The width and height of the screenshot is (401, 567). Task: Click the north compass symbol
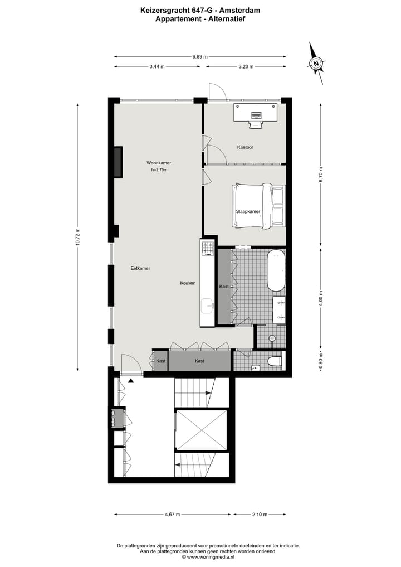(316, 64)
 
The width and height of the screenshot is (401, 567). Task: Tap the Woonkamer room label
(159, 163)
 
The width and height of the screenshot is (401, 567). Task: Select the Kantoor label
(245, 147)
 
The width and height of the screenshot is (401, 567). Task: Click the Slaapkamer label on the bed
(248, 212)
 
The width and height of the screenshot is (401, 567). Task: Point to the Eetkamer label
(140, 268)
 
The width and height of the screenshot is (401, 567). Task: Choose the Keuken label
(188, 283)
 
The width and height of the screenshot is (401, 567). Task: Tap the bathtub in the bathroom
(276, 271)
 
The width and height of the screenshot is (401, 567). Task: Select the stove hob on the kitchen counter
(208, 249)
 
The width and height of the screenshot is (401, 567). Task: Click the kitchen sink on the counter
(208, 304)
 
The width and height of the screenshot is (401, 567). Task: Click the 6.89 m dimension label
(200, 56)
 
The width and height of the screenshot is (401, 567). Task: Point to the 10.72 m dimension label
(79, 237)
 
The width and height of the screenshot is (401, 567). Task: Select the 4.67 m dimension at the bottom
(172, 515)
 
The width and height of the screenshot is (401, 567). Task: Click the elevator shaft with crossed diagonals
(201, 430)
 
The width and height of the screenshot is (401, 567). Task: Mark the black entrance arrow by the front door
(131, 380)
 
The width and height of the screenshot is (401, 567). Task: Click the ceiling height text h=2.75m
(159, 170)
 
